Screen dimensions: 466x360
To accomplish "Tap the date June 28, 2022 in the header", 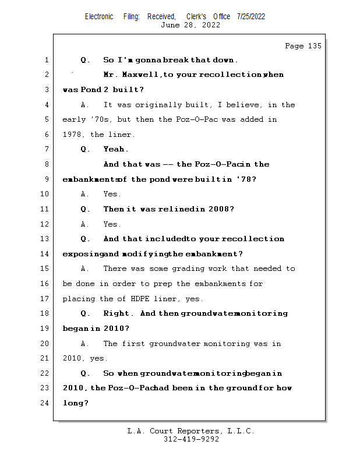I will tap(190, 25).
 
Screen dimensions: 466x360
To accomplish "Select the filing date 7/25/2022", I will tap(251, 16).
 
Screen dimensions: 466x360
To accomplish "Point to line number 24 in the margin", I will tap(45, 403).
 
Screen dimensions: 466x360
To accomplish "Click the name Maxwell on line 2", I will tap(138, 75).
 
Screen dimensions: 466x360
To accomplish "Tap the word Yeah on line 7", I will tap(115, 149).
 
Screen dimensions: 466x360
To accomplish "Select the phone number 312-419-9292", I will tap(191, 440).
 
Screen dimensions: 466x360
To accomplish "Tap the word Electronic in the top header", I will tap(99, 16).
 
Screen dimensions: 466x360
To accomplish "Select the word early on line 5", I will tap(74, 119).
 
